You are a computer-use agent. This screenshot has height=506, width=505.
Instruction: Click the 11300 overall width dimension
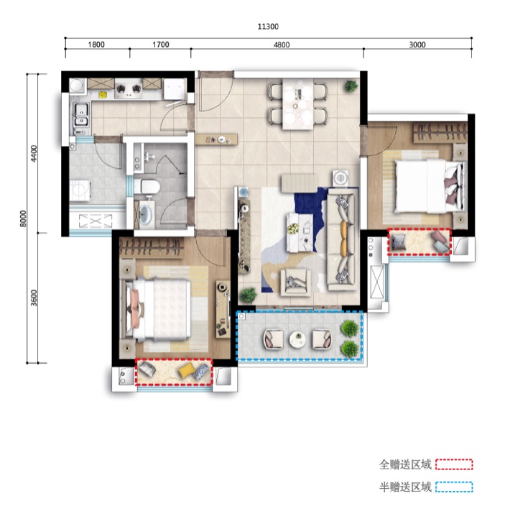point(268,27)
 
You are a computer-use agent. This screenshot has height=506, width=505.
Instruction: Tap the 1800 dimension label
point(97,45)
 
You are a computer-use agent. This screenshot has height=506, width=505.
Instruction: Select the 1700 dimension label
point(161,45)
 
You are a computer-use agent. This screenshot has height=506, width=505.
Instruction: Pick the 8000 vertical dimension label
point(23,216)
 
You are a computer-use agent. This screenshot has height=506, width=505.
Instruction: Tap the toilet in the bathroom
point(150,188)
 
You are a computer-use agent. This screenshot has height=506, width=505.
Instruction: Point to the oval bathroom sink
point(148,213)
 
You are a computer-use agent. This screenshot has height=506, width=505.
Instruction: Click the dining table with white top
point(299,106)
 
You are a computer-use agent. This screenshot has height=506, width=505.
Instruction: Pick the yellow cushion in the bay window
point(185,372)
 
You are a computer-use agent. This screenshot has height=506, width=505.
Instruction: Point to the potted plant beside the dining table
point(351,86)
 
